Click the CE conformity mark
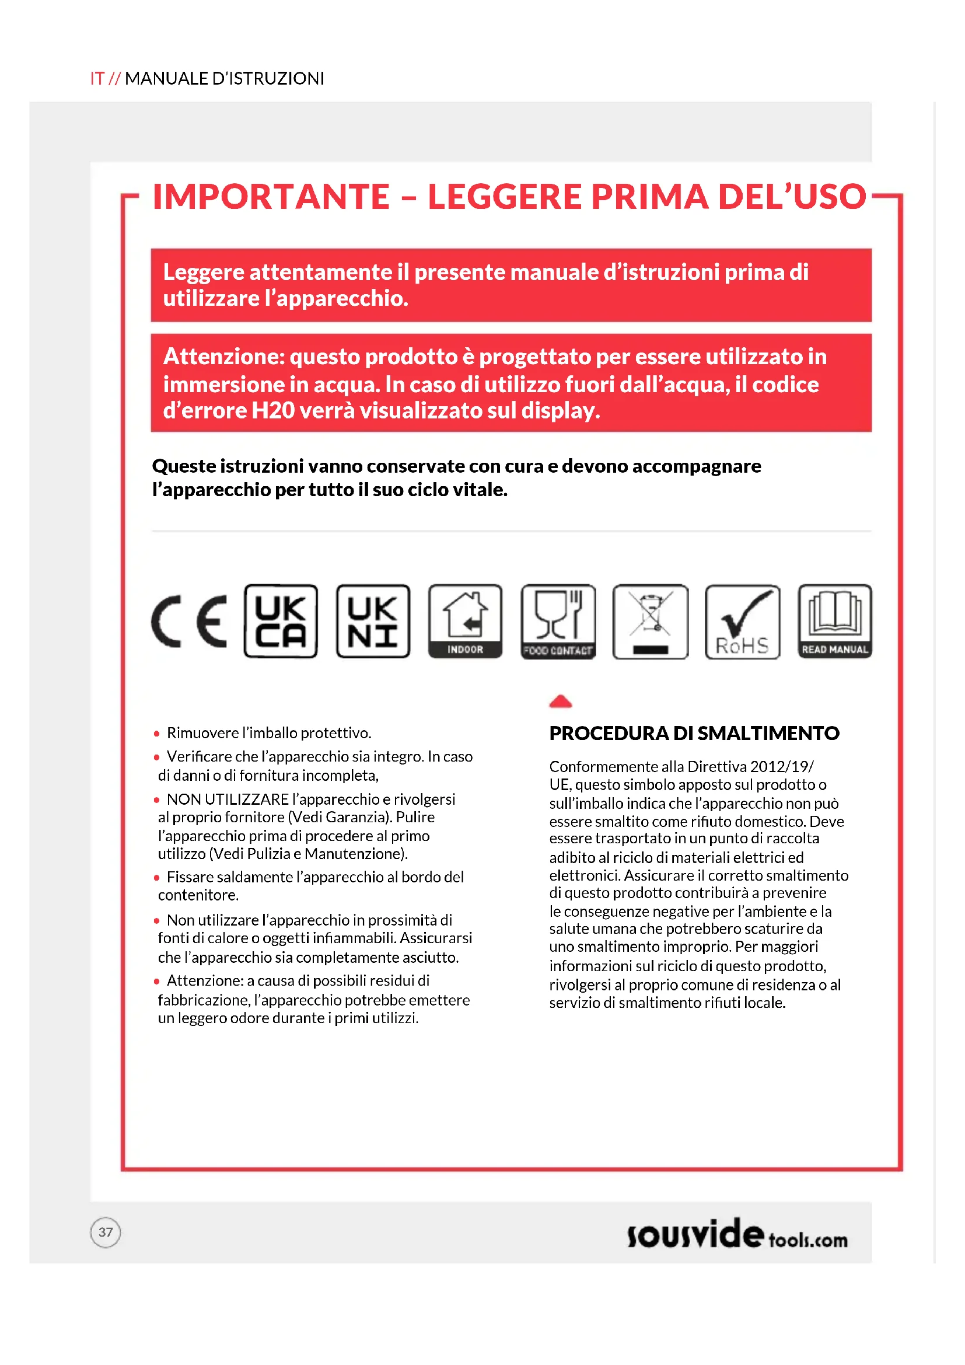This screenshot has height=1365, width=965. point(189,621)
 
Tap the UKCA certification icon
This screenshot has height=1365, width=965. point(281,621)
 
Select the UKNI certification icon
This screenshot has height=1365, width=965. point(373,621)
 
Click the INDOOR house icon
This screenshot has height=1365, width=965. point(464,621)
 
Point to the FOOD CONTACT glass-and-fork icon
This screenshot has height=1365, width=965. point(557,621)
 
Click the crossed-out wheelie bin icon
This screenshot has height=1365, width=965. point(650,621)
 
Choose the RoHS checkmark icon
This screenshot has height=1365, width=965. point(742,621)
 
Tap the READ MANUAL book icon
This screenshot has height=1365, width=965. point(834,621)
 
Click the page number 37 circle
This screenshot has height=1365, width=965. point(105,1232)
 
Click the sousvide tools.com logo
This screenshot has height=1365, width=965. point(737,1234)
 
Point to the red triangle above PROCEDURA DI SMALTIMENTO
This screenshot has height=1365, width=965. point(560,701)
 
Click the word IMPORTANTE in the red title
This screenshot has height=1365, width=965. point(271,197)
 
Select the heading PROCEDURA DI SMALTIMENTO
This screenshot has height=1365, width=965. point(694,733)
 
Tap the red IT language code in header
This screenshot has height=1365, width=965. point(97,78)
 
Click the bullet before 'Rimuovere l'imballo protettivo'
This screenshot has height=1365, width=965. point(157,734)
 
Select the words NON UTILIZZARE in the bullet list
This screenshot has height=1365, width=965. point(227,799)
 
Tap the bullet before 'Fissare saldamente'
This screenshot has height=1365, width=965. point(157,878)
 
